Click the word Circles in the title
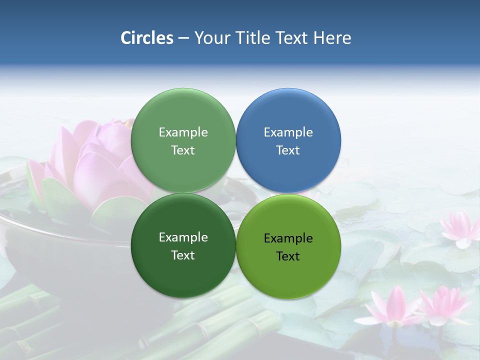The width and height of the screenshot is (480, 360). point(147,38)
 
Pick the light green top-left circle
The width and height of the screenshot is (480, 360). point(183,115)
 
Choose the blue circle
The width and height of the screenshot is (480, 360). point(288,115)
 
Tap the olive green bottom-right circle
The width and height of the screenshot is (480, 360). point(288,270)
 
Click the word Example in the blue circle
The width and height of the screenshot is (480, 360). point(288,132)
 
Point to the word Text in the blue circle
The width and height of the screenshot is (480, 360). point(288,150)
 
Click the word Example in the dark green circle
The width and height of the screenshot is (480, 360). point(183,237)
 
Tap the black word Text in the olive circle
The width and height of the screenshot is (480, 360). point(288,256)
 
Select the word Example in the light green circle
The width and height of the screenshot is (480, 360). point(183,132)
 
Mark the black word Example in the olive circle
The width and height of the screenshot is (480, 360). point(288,238)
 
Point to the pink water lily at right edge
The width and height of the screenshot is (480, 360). point(460,227)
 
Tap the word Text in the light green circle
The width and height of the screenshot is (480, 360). point(183,150)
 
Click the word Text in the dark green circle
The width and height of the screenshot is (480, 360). point(183,255)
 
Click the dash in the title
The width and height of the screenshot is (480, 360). point(183,38)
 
